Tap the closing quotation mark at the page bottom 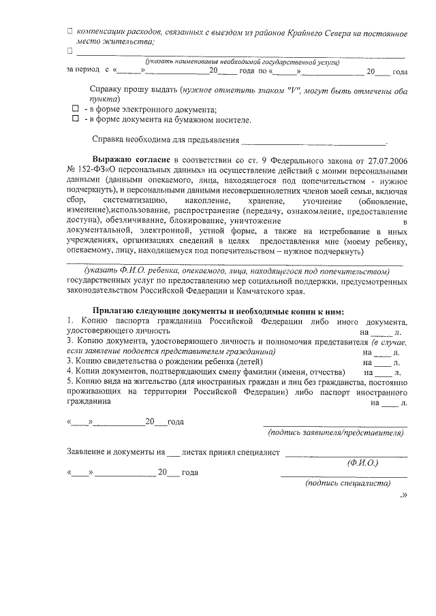pos(404,495)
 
